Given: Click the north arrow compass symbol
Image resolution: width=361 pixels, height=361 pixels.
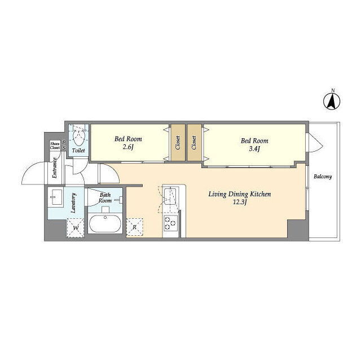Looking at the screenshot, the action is [x=332, y=102].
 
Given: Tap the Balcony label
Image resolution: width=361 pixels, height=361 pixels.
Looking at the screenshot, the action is [x=323, y=177].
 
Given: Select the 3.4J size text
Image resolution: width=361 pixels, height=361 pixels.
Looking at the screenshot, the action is [x=254, y=149].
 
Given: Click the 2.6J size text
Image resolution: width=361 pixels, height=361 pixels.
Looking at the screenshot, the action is [x=128, y=147].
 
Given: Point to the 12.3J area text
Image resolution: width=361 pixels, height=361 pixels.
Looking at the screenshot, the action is [x=240, y=202].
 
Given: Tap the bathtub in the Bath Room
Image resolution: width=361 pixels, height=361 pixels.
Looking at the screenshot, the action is [x=105, y=223].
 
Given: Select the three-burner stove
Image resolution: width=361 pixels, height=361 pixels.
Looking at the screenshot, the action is [x=170, y=223].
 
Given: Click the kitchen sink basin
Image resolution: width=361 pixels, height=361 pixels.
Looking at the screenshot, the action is [x=170, y=196].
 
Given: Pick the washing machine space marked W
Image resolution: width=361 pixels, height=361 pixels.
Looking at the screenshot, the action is [x=75, y=228].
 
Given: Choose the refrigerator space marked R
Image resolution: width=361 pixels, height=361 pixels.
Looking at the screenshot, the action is [x=134, y=227].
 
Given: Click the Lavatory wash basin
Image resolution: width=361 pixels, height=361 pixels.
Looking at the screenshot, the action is [x=55, y=197].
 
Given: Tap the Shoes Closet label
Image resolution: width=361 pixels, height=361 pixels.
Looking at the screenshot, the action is [x=55, y=146].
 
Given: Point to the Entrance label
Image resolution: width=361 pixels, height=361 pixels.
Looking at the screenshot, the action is [x=54, y=168].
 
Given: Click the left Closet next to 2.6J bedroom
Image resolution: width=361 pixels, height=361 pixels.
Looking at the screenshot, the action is [x=178, y=143].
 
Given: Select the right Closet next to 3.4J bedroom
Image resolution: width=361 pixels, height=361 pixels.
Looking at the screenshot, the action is [x=194, y=143].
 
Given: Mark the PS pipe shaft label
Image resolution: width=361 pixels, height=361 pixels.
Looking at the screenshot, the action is [x=64, y=146].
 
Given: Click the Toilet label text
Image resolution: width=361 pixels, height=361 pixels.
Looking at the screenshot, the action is [x=78, y=151].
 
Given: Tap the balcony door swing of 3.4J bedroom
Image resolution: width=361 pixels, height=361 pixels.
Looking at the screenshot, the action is [x=316, y=142].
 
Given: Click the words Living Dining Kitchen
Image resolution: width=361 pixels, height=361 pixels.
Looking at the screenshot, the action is [x=240, y=194].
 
